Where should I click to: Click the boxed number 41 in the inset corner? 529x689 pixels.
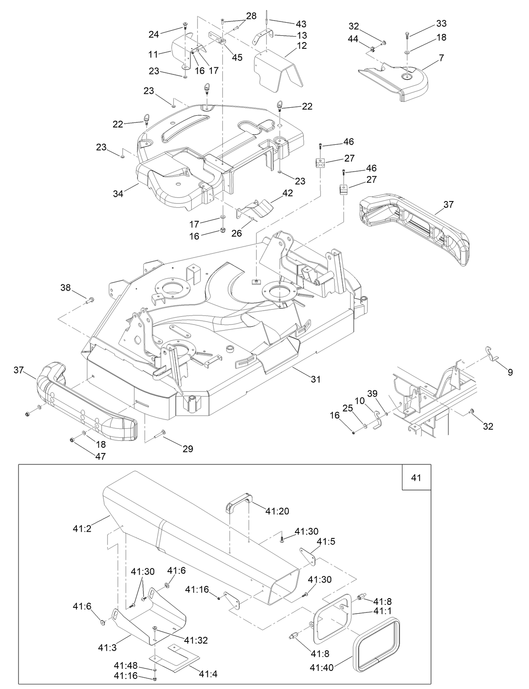coord(416,477)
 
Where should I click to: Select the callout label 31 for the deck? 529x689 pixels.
coord(315,379)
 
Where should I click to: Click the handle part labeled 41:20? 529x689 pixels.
coord(239,501)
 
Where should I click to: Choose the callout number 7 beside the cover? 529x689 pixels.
coord(441,58)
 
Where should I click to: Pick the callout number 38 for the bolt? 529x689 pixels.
coord(66,288)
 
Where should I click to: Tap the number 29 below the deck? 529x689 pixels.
coord(188,449)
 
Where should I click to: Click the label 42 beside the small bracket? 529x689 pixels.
coord(288,193)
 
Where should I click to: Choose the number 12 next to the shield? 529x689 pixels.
coord(302,45)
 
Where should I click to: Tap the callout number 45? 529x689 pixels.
coord(237,58)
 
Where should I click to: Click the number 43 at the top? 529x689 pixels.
coord(301,24)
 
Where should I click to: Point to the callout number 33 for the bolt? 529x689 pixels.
coord(441,24)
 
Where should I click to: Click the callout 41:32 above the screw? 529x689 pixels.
coord(196,640)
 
